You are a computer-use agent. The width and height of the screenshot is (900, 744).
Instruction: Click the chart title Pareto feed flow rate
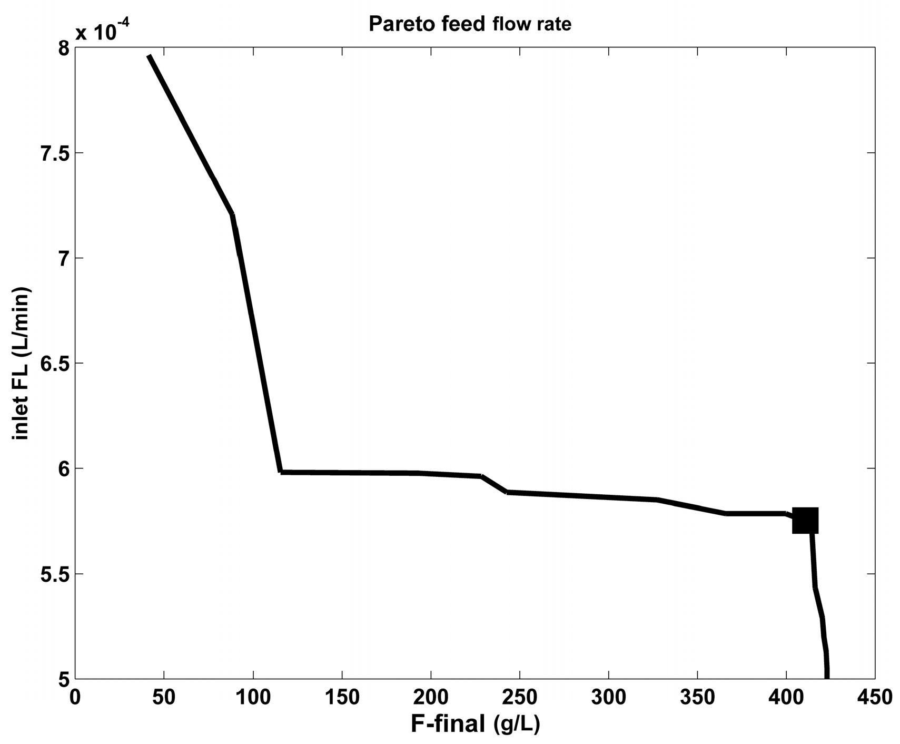[470, 24]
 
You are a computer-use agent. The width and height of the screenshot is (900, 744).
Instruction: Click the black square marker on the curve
[805, 521]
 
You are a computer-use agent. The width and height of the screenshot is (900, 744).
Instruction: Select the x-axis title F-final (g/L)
[475, 724]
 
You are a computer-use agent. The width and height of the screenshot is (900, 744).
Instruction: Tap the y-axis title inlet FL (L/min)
[22, 363]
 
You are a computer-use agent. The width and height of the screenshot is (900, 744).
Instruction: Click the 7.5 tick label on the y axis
[54, 153]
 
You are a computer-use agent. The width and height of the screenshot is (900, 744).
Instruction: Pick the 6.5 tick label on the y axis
[54, 364]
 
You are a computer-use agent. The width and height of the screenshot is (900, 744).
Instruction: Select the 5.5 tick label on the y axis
[54, 574]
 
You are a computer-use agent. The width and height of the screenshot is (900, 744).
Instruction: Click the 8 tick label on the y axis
[63, 48]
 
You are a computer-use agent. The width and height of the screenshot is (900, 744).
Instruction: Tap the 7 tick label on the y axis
[63, 258]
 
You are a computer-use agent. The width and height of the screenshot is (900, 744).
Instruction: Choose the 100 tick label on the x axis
[253, 697]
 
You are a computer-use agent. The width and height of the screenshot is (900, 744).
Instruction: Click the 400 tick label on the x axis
[786, 697]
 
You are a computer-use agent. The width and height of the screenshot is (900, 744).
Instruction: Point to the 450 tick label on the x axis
[874, 697]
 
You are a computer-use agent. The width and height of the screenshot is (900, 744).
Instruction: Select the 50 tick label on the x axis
[164, 697]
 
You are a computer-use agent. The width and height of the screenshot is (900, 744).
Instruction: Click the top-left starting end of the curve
[149, 56]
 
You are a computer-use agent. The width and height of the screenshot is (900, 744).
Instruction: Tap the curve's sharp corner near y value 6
[281, 472]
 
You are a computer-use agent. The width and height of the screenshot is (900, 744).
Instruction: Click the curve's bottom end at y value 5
[827, 677]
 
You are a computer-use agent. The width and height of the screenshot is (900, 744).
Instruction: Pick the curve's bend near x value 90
[232, 214]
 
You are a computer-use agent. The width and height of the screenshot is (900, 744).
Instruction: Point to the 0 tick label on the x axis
[75, 697]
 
